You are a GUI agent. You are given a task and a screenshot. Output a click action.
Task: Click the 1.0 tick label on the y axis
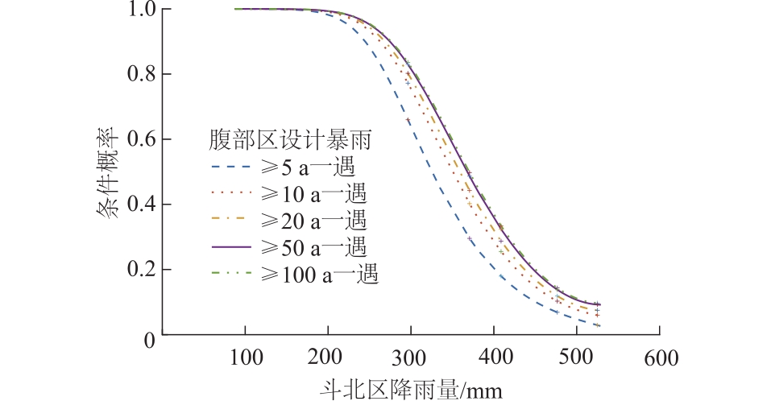pyautogui.click(x=142, y=10)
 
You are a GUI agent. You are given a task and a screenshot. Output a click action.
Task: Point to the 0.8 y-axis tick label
pyautogui.click(x=142, y=75)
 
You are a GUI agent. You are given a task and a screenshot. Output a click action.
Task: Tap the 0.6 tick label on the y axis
pyautogui.click(x=142, y=140)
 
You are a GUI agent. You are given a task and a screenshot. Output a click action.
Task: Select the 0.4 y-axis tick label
pyautogui.click(x=142, y=205)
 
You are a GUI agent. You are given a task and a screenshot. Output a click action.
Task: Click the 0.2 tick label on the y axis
pyautogui.click(x=142, y=270)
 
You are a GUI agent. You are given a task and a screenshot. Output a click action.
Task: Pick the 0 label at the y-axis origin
pyautogui.click(x=151, y=337)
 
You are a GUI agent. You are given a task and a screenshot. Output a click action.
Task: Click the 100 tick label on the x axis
pyautogui.click(x=245, y=356)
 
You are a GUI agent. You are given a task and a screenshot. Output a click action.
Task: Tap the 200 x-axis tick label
pyautogui.click(x=328, y=356)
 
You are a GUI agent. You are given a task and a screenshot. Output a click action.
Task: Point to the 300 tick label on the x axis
pyautogui.click(x=411, y=356)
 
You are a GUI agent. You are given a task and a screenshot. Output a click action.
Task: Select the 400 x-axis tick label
pyautogui.click(x=494, y=356)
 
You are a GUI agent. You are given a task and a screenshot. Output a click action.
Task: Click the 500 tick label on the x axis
pyautogui.click(x=577, y=356)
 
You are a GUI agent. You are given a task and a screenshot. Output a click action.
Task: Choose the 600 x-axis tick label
pyautogui.click(x=660, y=356)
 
